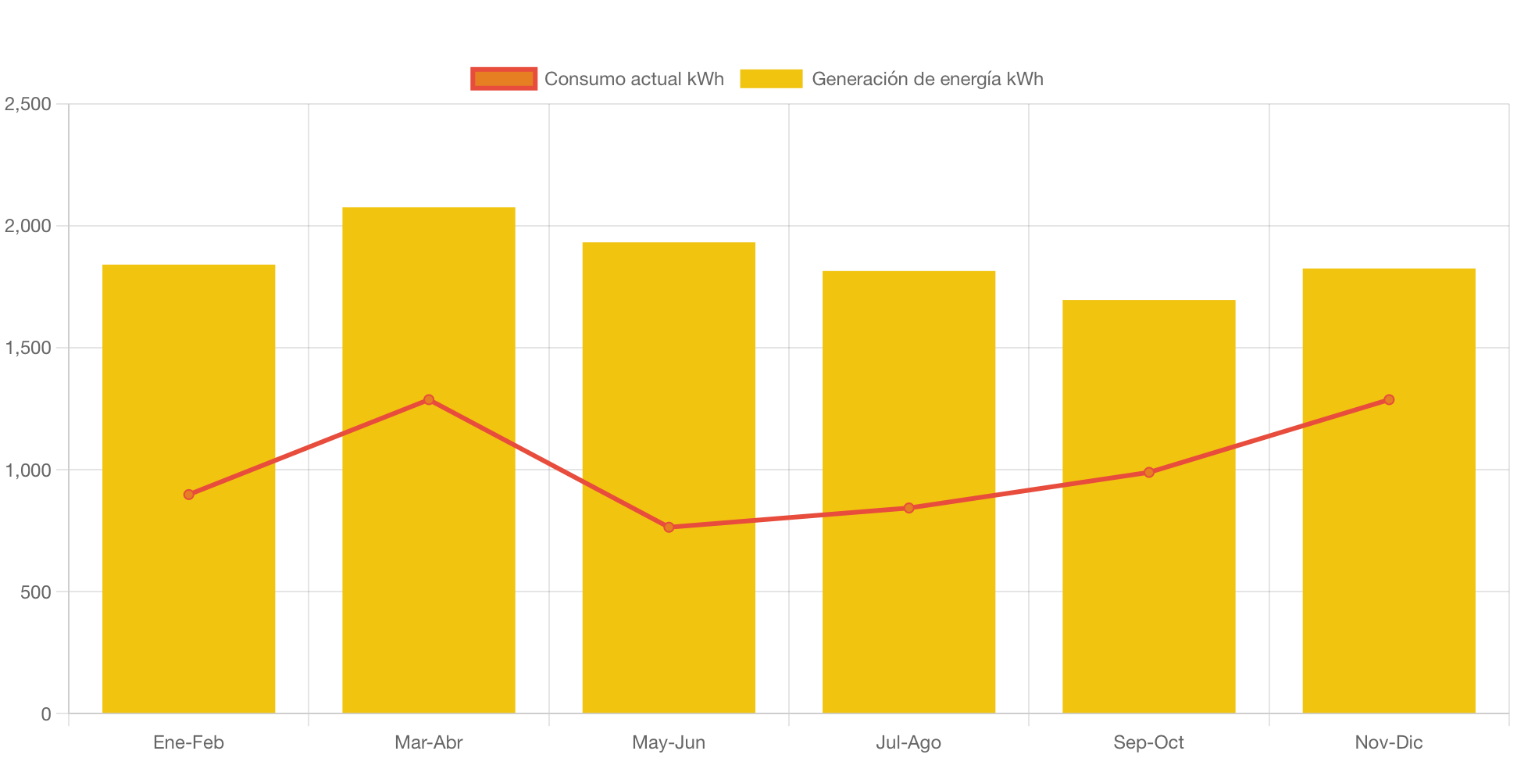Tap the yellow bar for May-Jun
(x=668, y=625)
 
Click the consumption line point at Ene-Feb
(x=188, y=495)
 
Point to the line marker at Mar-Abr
(x=428, y=400)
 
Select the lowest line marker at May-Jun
(x=669, y=527)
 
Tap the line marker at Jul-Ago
(x=908, y=508)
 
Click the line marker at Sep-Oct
(x=1148, y=472)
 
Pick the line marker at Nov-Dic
(x=1388, y=400)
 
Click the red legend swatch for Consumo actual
(x=504, y=79)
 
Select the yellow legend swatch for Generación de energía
(x=771, y=79)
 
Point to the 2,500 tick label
(x=28, y=104)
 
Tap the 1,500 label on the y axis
(x=28, y=348)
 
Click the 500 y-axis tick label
(x=36, y=592)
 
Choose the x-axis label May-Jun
(x=668, y=742)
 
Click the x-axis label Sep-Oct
(x=1148, y=742)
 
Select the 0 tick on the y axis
(x=46, y=714)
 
